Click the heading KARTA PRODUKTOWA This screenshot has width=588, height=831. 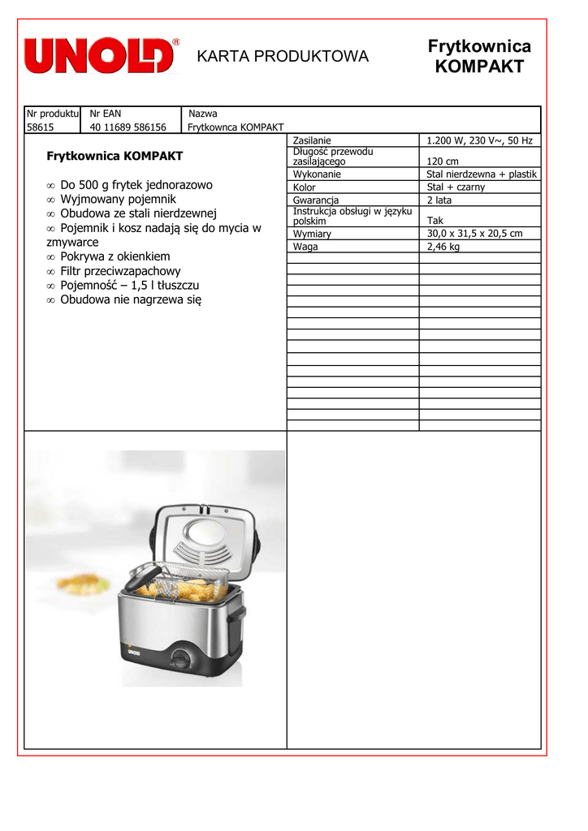(x=283, y=56)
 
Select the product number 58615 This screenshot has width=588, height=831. (x=40, y=127)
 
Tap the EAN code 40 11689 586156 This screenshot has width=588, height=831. (x=128, y=127)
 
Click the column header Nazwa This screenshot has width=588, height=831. (x=203, y=114)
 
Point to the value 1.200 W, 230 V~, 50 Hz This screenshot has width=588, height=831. (x=479, y=140)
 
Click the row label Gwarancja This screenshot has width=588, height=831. (x=316, y=200)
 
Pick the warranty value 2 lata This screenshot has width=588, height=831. (x=439, y=200)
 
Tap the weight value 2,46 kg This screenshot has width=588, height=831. (x=443, y=247)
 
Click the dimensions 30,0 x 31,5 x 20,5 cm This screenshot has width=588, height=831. (x=474, y=234)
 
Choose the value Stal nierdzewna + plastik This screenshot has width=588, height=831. (x=482, y=174)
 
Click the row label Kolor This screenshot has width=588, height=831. (x=305, y=187)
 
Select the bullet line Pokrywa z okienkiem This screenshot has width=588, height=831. (x=115, y=256)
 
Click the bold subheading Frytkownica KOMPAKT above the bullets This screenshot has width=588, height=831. (x=115, y=156)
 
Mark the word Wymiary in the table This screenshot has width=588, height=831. (x=312, y=234)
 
